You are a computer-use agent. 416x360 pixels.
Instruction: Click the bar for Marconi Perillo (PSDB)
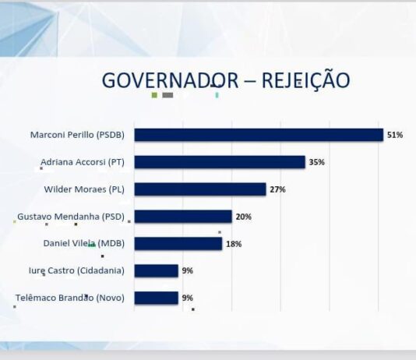(259, 135)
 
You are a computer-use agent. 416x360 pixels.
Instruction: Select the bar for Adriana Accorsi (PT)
(220, 162)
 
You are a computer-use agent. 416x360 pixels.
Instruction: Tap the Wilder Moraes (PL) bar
(200, 189)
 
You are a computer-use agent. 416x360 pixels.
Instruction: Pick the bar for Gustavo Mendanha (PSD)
(183, 217)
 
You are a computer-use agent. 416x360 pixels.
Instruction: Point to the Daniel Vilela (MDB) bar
(178, 244)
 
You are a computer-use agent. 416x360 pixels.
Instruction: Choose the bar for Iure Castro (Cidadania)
(157, 271)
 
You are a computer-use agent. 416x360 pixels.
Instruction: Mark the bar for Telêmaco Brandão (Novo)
(157, 298)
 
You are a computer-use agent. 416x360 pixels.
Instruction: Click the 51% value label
(395, 135)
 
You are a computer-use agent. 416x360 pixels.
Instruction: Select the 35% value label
(316, 162)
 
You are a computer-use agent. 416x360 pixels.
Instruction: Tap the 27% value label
(277, 189)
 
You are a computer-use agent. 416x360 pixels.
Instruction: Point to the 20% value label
(243, 217)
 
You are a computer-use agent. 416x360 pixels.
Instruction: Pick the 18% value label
(234, 244)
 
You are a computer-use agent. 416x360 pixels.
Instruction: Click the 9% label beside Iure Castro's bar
(187, 271)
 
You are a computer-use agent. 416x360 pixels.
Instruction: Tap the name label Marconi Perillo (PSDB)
(77, 135)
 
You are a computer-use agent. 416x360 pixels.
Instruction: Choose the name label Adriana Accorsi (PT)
(83, 162)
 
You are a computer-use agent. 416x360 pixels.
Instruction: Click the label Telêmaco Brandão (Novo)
(70, 298)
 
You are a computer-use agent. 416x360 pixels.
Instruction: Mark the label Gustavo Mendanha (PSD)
(71, 217)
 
